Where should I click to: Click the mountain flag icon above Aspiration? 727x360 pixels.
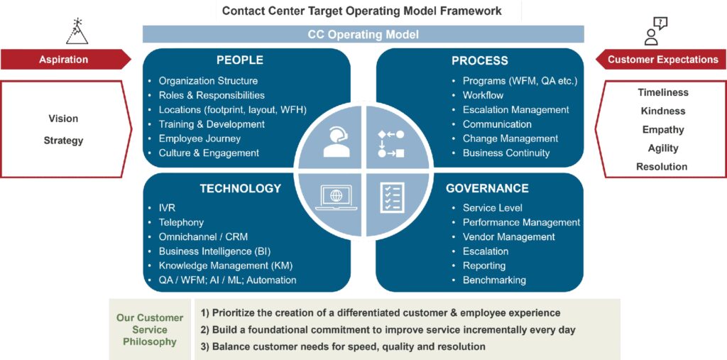77,31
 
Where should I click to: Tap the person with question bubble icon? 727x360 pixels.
655,31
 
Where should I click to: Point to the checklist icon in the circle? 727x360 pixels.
392,197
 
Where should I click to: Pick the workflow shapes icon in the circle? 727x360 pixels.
391,143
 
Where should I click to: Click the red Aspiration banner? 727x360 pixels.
66,60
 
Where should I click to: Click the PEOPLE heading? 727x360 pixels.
240,60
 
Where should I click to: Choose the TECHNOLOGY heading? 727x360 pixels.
240,188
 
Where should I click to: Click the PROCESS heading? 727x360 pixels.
480,60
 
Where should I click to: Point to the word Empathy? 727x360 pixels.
662,129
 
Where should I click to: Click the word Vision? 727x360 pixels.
63,119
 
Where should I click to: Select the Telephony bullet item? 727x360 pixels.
181,223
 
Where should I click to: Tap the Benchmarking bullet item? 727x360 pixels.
494,280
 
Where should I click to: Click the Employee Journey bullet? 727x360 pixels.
199,138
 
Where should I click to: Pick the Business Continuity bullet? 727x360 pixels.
506,153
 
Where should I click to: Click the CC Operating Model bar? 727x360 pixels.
363,34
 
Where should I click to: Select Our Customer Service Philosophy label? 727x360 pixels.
150,330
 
